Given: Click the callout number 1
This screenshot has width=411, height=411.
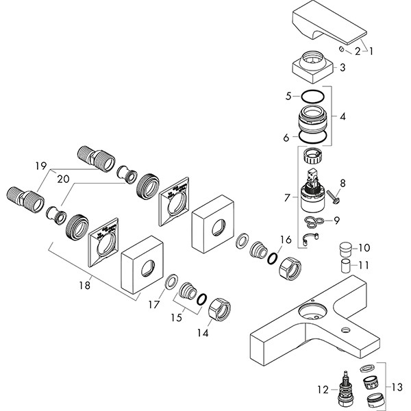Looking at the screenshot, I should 371,51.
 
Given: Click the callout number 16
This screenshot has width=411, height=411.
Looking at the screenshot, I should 284,239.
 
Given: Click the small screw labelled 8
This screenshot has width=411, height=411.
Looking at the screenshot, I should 334,197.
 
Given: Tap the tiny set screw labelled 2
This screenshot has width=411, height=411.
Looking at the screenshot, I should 341,50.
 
